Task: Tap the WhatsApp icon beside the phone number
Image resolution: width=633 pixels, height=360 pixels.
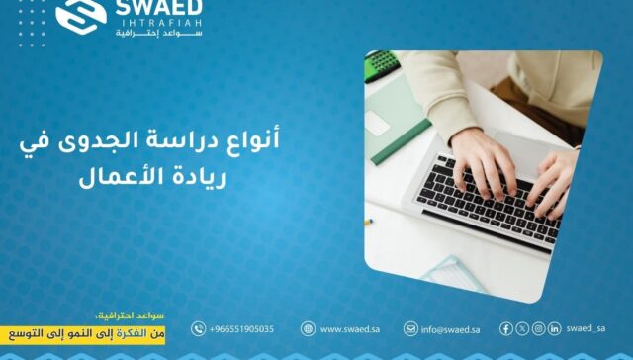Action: (199, 329)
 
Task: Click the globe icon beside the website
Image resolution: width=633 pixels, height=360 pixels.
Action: (309, 329)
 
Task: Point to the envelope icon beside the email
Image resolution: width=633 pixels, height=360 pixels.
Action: (410, 329)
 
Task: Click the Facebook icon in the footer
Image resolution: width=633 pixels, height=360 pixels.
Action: (506, 329)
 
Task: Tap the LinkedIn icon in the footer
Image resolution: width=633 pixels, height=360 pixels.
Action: (555, 329)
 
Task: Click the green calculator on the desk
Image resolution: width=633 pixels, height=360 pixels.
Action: (382, 65)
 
